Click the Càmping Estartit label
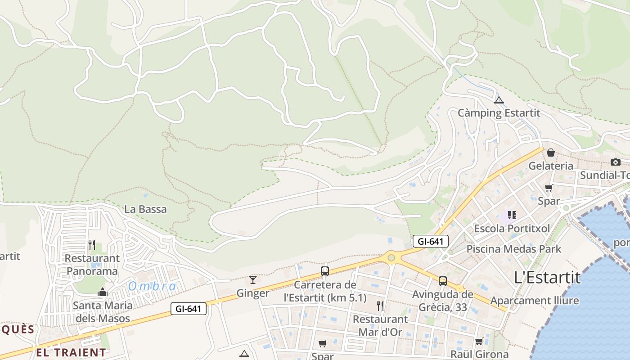tap(499, 112)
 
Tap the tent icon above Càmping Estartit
tap(499, 100)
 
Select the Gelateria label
tap(551, 166)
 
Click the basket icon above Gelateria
tap(550, 153)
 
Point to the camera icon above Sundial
tap(615, 162)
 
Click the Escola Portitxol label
tap(512, 228)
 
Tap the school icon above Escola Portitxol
tap(512, 215)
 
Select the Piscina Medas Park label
tap(514, 249)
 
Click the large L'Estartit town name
tap(547, 278)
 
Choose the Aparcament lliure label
tap(535, 300)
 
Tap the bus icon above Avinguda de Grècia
tap(443, 281)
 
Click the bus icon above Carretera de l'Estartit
tap(325, 271)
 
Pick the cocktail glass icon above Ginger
tap(253, 280)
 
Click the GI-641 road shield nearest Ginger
tap(188, 309)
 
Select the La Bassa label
tap(145, 209)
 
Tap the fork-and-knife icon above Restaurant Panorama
tap(92, 245)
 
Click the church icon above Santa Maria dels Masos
tap(103, 292)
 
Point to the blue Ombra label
tap(152, 286)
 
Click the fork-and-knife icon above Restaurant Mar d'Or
tap(380, 306)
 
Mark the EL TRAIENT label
tap(71, 352)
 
